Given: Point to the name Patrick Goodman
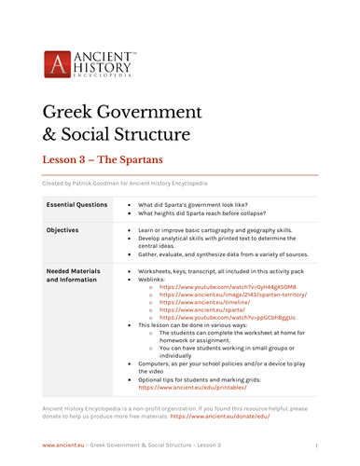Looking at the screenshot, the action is [x=101, y=183].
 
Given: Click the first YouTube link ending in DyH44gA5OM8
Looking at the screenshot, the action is [x=215, y=286].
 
